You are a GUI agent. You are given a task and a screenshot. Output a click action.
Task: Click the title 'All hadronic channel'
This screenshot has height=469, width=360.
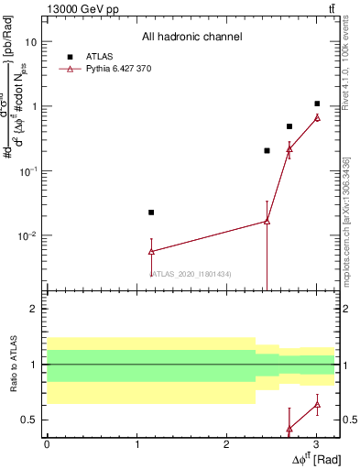pyautogui.click(x=191, y=37)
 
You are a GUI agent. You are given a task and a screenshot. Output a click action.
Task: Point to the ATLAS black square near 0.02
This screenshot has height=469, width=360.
pyautogui.click(x=151, y=213)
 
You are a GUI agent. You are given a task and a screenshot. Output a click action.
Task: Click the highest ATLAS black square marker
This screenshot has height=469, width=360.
pyautogui.click(x=317, y=104)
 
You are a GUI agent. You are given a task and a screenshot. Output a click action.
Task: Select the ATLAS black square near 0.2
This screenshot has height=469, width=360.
pyautogui.click(x=267, y=150)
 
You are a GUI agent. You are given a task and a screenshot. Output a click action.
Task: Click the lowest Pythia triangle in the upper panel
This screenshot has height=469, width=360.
pyautogui.click(x=151, y=251)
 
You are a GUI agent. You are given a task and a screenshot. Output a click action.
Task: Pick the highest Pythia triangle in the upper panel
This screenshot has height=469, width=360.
pyautogui.click(x=317, y=117)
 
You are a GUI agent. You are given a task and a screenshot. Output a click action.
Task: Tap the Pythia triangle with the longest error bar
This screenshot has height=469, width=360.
pyautogui.click(x=267, y=221)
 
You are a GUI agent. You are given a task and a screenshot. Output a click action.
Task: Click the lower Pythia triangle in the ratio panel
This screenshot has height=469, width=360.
pyautogui.click(x=289, y=429)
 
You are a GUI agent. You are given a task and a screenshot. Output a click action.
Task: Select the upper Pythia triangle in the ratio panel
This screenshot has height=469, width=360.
pyautogui.click(x=317, y=405)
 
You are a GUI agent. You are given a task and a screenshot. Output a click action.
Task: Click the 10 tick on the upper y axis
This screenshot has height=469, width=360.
pyautogui.click(x=31, y=42)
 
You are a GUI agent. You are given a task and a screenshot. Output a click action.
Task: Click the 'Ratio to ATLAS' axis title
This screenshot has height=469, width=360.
pyautogui.click(x=13, y=365)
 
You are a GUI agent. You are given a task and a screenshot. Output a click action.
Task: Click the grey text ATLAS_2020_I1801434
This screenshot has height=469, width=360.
pyautogui.click(x=191, y=274)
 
